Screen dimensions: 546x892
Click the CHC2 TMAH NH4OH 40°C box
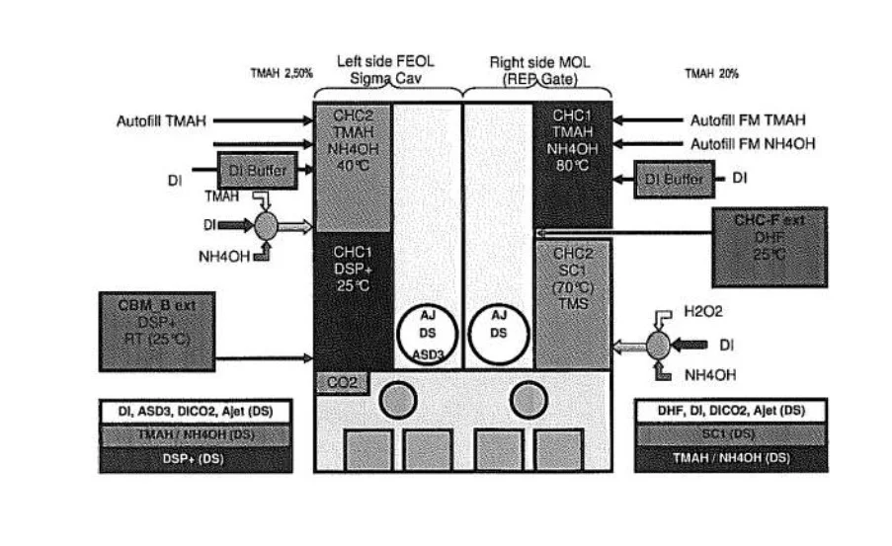353,165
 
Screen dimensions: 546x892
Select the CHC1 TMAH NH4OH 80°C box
572,163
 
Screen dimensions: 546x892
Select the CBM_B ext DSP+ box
157,330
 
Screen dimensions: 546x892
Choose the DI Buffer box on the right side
674,179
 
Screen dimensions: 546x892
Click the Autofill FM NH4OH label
753,143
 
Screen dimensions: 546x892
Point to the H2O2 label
702,309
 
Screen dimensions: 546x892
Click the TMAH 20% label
711,74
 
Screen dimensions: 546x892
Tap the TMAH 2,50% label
282,73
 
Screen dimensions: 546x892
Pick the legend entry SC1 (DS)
730,434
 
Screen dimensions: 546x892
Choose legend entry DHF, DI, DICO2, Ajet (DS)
730,411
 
